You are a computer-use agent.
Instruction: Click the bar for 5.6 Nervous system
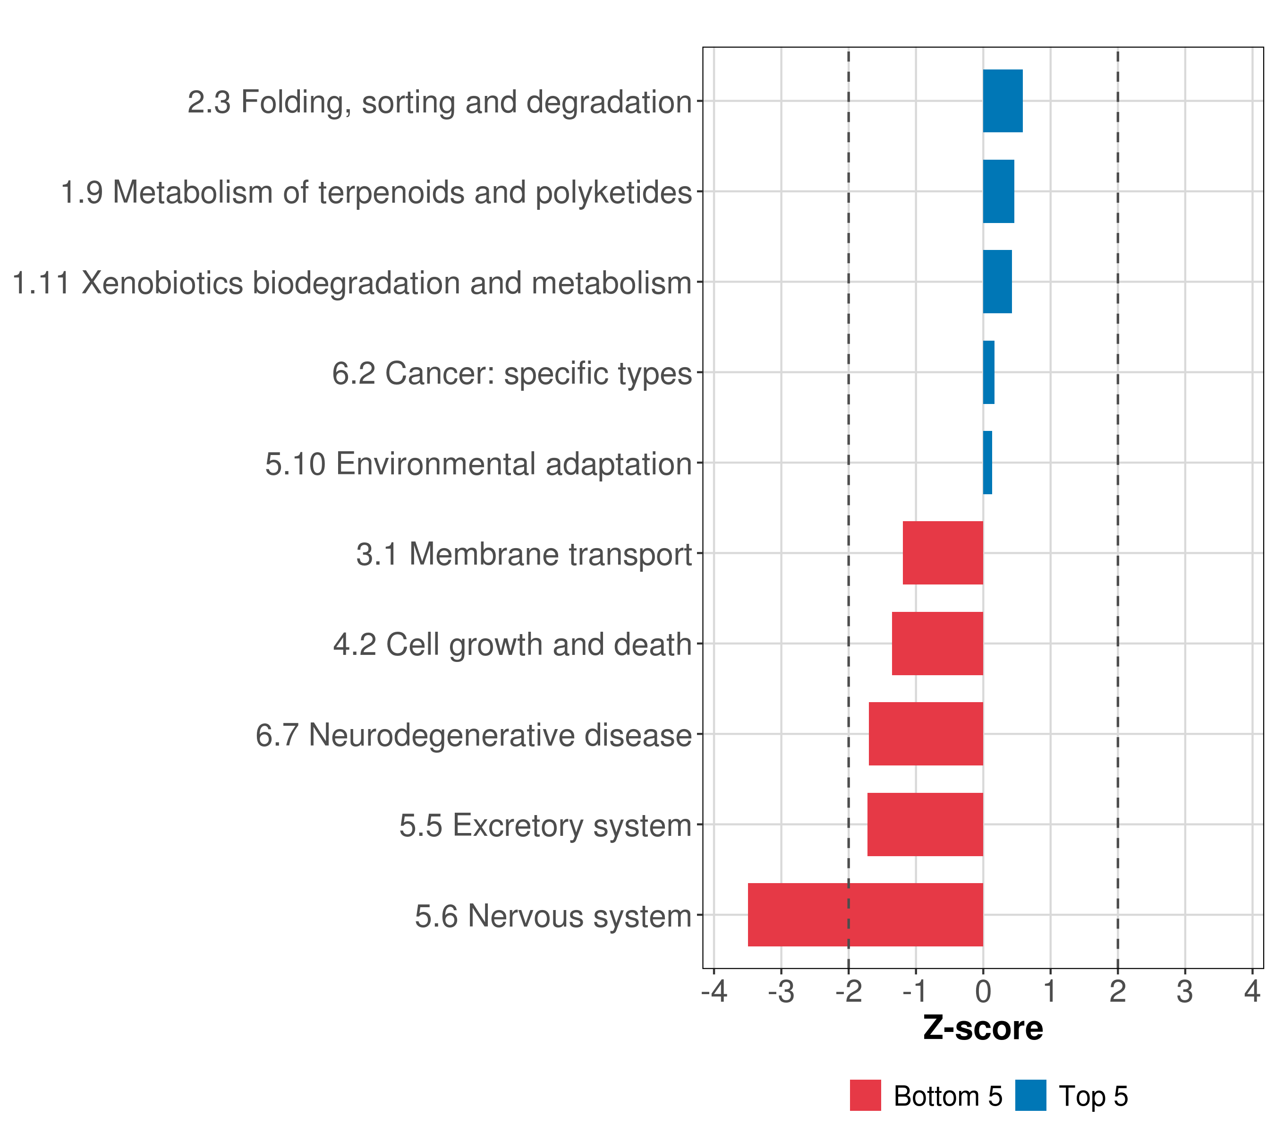pos(865,914)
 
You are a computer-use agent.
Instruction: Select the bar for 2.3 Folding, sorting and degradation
pos(1003,101)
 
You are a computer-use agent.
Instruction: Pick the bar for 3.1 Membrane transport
pos(943,553)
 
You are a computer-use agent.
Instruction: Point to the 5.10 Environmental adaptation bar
pos(987,463)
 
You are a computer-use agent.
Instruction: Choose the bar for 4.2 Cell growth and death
pos(937,644)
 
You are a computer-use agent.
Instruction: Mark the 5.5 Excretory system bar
pos(925,825)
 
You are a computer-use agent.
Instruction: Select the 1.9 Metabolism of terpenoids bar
pos(998,192)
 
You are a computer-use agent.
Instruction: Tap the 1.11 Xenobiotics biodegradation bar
pos(997,282)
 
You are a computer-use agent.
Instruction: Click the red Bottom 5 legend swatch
pos(865,1095)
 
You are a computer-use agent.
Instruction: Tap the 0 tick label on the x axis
pos(983,991)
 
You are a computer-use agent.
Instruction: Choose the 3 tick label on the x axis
pos(1184,991)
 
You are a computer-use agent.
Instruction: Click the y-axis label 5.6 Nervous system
pos(553,916)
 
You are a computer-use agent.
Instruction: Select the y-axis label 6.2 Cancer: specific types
pos(511,374)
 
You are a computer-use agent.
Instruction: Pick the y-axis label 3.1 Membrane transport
pos(524,554)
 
